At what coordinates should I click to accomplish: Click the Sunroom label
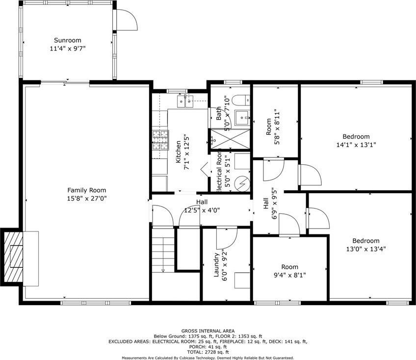(x=68, y=40)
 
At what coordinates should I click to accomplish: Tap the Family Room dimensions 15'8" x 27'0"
(x=87, y=199)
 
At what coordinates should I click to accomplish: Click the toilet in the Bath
(x=241, y=100)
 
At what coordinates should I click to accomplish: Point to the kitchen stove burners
(x=160, y=140)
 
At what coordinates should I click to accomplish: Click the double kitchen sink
(x=185, y=101)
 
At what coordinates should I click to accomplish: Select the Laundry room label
(x=216, y=265)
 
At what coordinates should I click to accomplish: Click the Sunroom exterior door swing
(x=127, y=20)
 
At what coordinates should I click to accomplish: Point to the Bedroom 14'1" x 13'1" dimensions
(x=356, y=145)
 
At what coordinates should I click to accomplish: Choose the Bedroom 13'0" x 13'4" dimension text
(x=365, y=249)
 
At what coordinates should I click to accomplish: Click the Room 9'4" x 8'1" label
(x=290, y=267)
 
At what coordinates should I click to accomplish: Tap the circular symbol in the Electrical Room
(x=242, y=183)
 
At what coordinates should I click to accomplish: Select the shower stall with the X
(x=230, y=139)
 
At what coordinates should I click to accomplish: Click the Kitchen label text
(x=178, y=152)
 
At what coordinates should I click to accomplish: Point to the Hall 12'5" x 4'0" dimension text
(x=202, y=210)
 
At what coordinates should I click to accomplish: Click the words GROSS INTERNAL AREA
(x=208, y=331)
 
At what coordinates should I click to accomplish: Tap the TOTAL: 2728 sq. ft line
(x=208, y=352)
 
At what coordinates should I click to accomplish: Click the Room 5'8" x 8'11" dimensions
(x=277, y=127)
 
